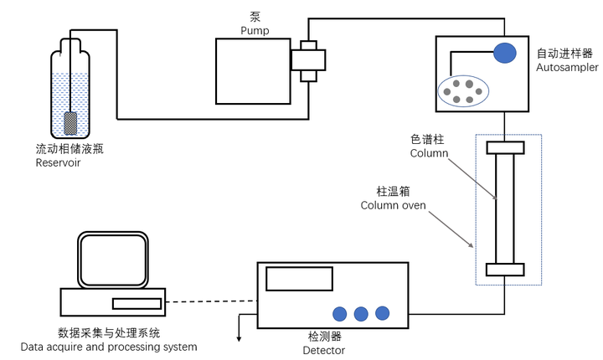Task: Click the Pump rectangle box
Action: coord(251,71)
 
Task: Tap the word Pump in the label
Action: coord(255,31)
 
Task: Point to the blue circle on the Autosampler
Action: coord(505,53)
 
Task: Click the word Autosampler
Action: coord(567,67)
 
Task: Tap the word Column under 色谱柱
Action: coord(429,153)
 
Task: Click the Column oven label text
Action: coord(393,205)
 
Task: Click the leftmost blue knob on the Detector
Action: coord(340,314)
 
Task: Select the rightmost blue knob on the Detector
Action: coord(383,312)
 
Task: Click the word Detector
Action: coord(324,350)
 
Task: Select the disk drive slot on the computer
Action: coord(136,302)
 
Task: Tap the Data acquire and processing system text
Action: coord(109,347)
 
